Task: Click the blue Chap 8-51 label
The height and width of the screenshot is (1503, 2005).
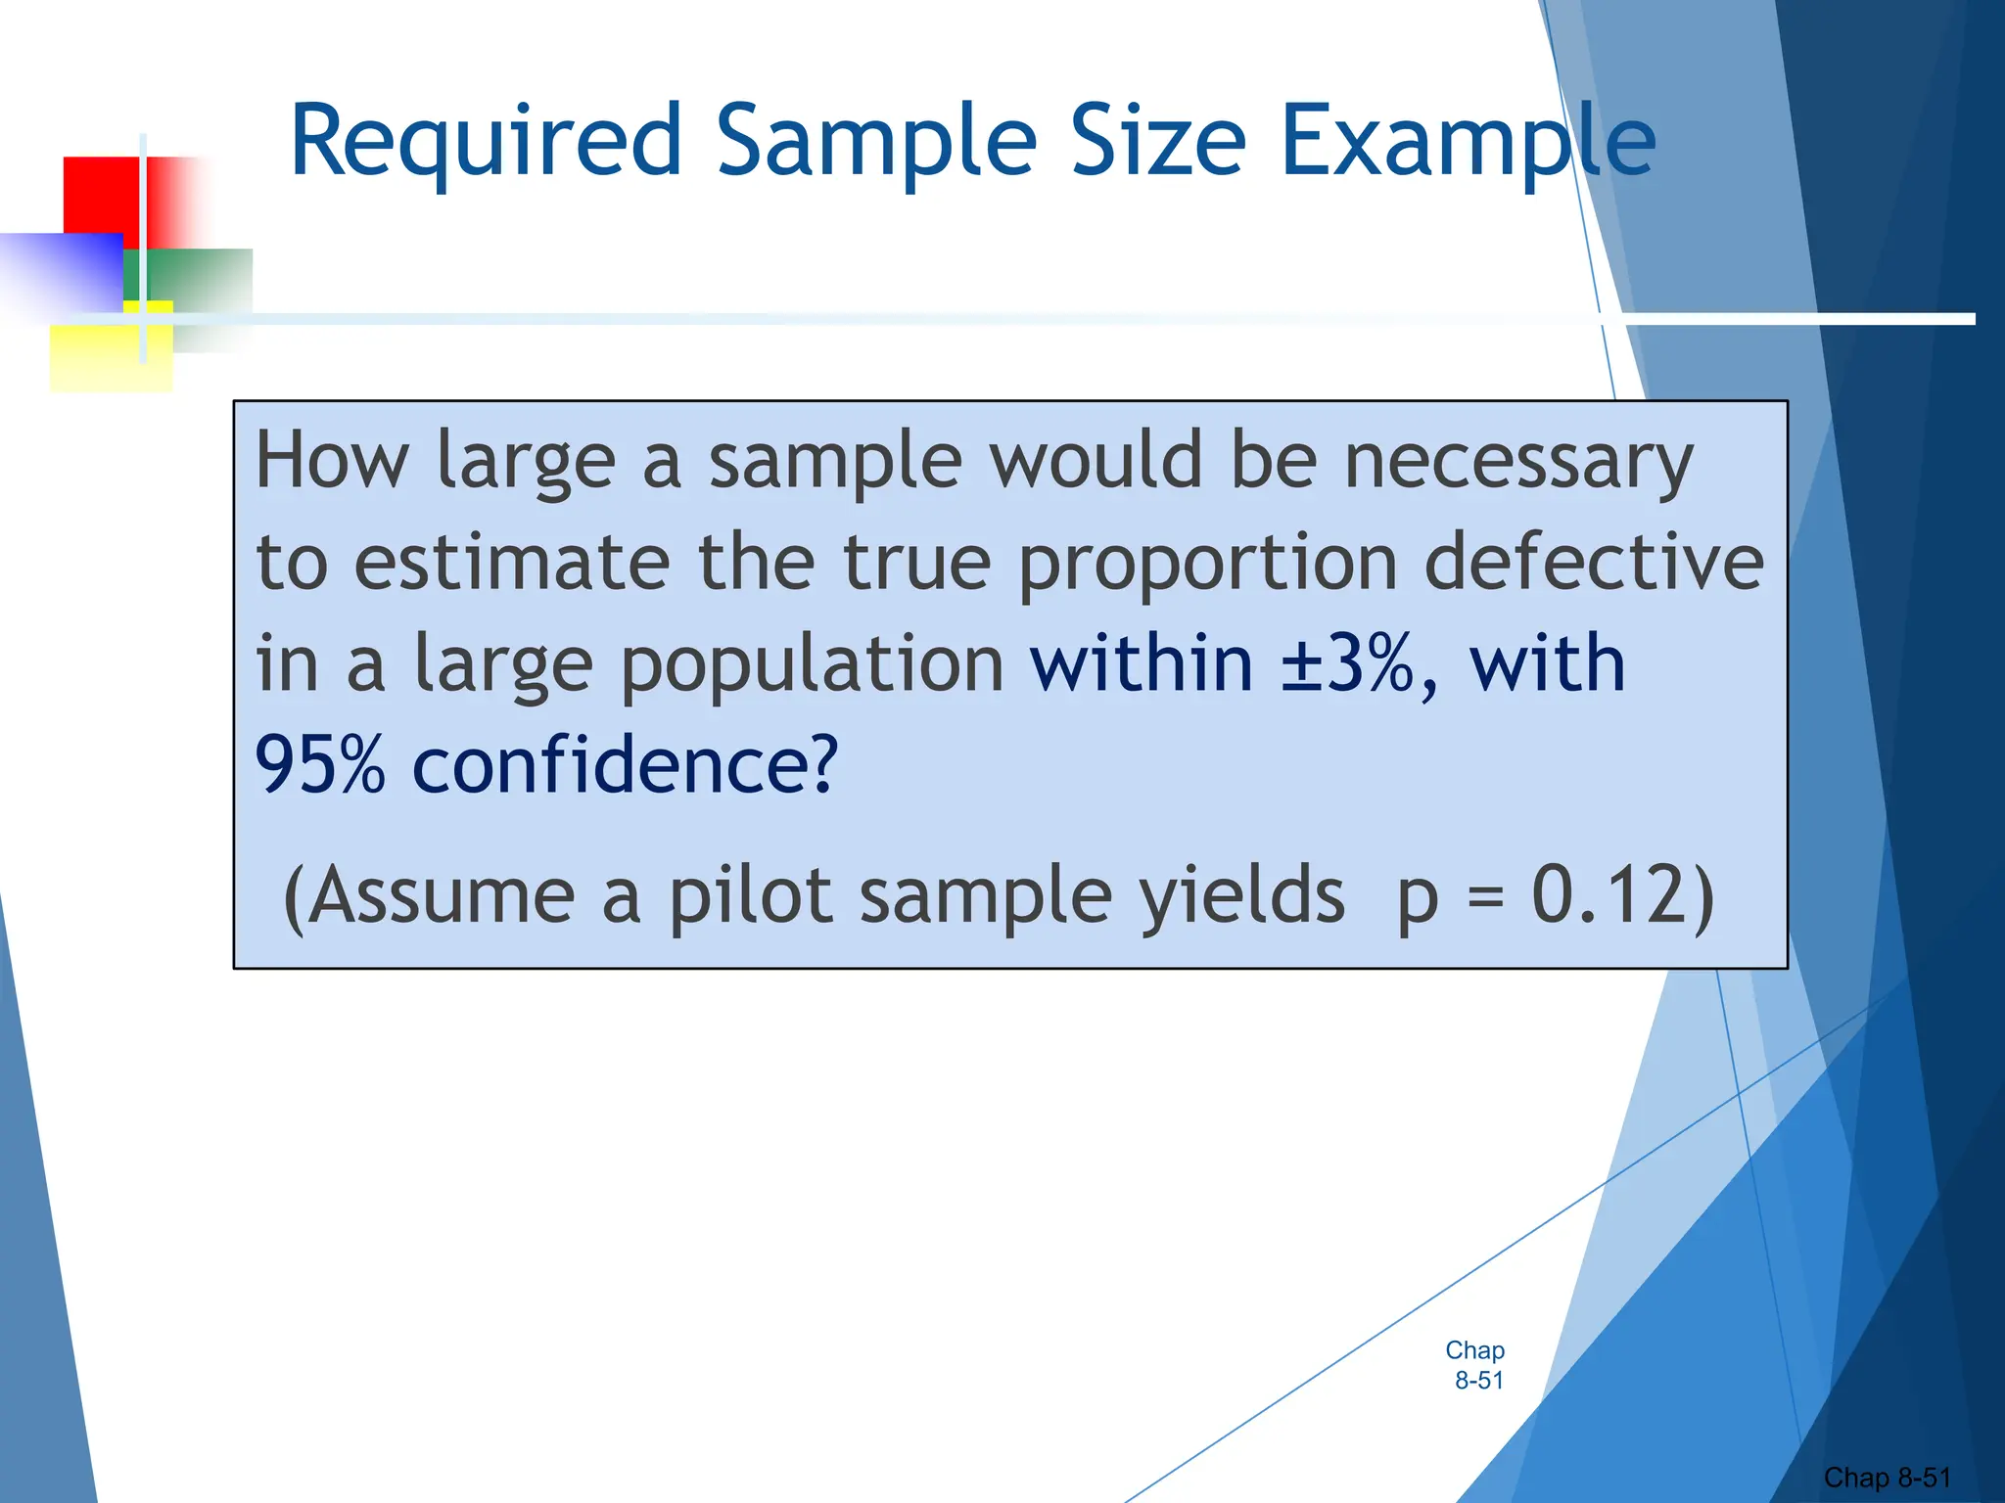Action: click(1475, 1365)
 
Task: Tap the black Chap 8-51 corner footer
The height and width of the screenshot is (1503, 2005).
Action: click(1887, 1478)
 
